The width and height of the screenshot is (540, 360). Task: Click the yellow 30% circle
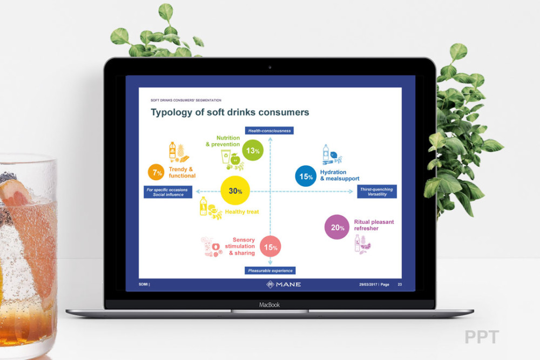235,191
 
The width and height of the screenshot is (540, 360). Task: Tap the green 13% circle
253,151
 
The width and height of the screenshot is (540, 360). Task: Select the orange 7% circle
157,172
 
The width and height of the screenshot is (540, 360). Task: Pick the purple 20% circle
337,227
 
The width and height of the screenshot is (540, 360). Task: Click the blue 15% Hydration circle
306,176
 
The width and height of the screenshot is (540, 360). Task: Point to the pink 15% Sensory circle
271,247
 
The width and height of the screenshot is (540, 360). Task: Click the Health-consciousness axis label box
269,131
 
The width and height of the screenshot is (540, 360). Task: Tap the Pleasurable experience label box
270,270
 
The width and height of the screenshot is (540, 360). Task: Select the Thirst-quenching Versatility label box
377,192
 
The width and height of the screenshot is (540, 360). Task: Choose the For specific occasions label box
168,192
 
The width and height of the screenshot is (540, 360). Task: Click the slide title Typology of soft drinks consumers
230,112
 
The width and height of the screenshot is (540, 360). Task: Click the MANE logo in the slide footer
283,284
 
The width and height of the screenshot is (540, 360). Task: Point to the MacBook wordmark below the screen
269,304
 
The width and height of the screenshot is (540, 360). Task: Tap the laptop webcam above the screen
269,67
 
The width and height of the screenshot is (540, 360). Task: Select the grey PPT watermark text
482,337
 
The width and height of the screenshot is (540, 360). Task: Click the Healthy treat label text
242,212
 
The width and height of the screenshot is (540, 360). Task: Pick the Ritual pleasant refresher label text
374,225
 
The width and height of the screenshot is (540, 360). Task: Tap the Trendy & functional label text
182,172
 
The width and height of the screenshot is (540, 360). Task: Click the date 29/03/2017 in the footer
368,284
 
